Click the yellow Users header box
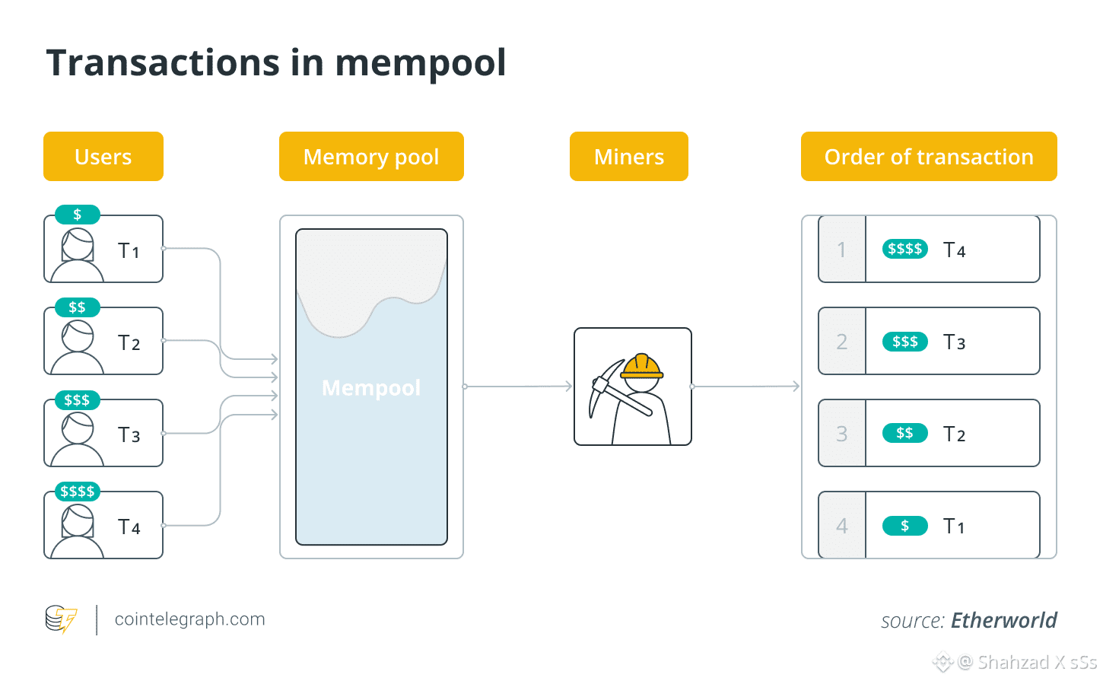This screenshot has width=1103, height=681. pyautogui.click(x=103, y=157)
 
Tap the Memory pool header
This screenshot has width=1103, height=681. pyautogui.click(x=371, y=157)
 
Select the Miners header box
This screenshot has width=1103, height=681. pyautogui.click(x=629, y=157)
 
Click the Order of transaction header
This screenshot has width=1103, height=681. pyautogui.click(x=929, y=157)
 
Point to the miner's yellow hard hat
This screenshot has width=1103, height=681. pyautogui.click(x=641, y=367)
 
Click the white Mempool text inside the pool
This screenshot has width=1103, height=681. pyautogui.click(x=371, y=388)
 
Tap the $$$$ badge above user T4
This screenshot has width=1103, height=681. pyautogui.click(x=78, y=492)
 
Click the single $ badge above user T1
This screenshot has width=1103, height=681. pyautogui.click(x=78, y=215)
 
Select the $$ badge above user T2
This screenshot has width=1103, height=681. pyautogui.click(x=78, y=307)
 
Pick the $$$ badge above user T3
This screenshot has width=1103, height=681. pyautogui.click(x=78, y=399)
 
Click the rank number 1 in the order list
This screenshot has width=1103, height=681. pyautogui.click(x=841, y=250)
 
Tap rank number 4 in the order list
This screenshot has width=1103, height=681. pyautogui.click(x=841, y=526)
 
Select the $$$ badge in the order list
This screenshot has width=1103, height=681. pyautogui.click(x=905, y=342)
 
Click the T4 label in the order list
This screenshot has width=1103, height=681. pyautogui.click(x=954, y=250)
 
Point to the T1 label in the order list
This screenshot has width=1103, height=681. pyautogui.click(x=954, y=527)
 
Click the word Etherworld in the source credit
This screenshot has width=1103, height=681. pyautogui.click(x=1004, y=621)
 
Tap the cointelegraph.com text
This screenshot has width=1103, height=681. pyautogui.click(x=190, y=619)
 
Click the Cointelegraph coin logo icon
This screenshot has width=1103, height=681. pyautogui.click(x=61, y=619)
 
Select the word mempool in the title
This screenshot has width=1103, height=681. pyautogui.click(x=421, y=64)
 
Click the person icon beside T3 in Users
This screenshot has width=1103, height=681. pyautogui.click(x=78, y=438)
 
